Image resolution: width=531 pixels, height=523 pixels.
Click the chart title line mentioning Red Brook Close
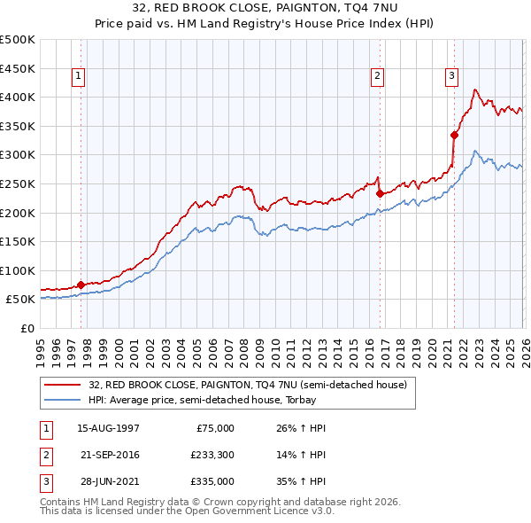pos(265,10)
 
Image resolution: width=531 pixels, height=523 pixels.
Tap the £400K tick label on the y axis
pos(19,97)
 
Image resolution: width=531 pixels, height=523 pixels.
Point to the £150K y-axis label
pos(19,241)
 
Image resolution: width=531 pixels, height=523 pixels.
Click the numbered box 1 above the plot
pos(80,77)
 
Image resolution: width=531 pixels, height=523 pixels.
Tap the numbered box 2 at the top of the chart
pos(377,77)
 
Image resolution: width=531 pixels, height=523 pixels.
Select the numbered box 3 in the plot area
pos(451,77)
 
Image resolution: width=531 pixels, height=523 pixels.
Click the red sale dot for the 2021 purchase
pos(454,135)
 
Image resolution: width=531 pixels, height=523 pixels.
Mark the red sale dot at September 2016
pos(380,193)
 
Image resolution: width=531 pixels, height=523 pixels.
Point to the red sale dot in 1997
pos(81,285)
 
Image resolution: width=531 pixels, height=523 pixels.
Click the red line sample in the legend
pos(62,386)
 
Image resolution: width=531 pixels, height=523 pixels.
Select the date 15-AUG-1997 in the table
pos(108,428)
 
